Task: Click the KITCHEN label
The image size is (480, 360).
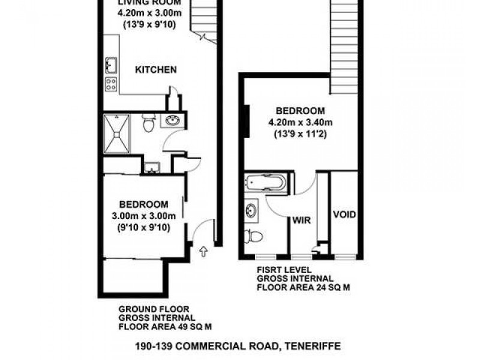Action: (155, 70)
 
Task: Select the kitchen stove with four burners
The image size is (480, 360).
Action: (112, 84)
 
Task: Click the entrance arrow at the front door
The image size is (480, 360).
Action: (203, 253)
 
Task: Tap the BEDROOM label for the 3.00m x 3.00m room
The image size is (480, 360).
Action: (142, 203)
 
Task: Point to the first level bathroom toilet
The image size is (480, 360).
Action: (253, 236)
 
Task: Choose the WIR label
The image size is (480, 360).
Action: (301, 220)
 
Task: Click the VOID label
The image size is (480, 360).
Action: (344, 215)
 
